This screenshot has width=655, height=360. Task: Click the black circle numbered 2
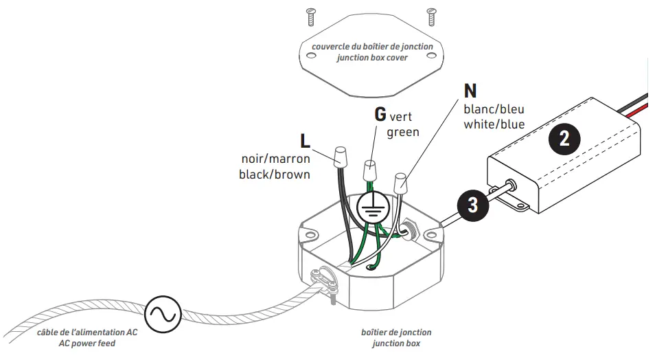point(564,139)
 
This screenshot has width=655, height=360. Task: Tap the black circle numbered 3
point(472,204)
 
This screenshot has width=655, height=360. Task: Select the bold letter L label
point(306,141)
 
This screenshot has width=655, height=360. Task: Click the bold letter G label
point(380,113)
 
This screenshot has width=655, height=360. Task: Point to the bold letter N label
point(470,90)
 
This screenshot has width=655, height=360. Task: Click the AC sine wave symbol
point(163,313)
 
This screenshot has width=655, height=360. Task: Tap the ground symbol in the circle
point(373,207)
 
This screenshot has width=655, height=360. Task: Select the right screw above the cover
point(431,12)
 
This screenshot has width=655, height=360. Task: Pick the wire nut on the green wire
point(371,168)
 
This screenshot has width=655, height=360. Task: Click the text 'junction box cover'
point(372,58)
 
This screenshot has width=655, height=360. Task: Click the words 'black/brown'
point(274,175)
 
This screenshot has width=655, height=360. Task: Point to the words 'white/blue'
point(494,124)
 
